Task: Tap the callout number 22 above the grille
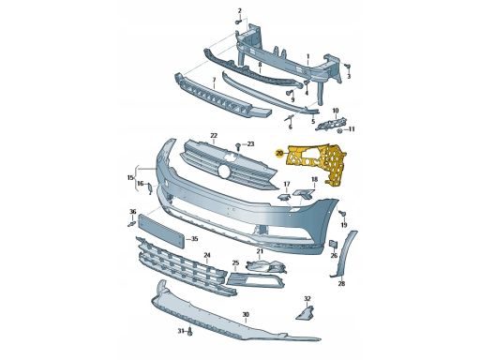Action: (x=214, y=136)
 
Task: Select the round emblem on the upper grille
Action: (x=224, y=172)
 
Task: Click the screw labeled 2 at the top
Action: (x=238, y=22)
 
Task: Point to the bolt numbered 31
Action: (x=190, y=332)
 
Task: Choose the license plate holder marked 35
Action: (x=160, y=231)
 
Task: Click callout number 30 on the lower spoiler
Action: (x=246, y=314)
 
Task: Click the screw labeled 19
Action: (x=342, y=214)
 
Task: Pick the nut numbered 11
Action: (x=340, y=130)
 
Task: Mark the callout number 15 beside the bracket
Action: (x=130, y=178)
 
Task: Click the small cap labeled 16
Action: (x=150, y=188)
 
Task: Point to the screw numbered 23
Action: (x=238, y=146)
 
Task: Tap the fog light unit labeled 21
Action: (x=266, y=266)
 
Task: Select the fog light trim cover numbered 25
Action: (x=255, y=279)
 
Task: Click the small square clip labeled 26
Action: (x=334, y=245)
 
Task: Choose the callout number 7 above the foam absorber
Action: (x=214, y=81)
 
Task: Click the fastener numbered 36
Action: (x=131, y=224)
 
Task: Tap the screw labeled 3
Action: (x=347, y=67)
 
